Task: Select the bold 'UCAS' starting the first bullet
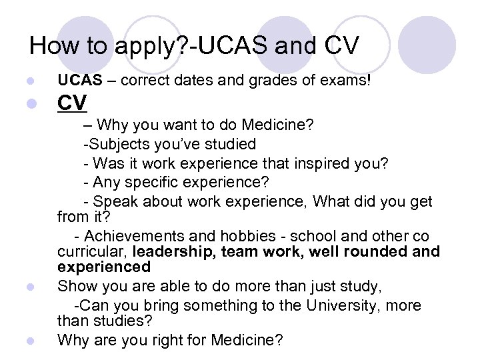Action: (79, 81)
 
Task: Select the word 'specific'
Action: (154, 181)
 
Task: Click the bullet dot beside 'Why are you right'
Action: (28, 341)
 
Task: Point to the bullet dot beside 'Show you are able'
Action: (28, 288)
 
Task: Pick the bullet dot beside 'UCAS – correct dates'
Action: (28, 82)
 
